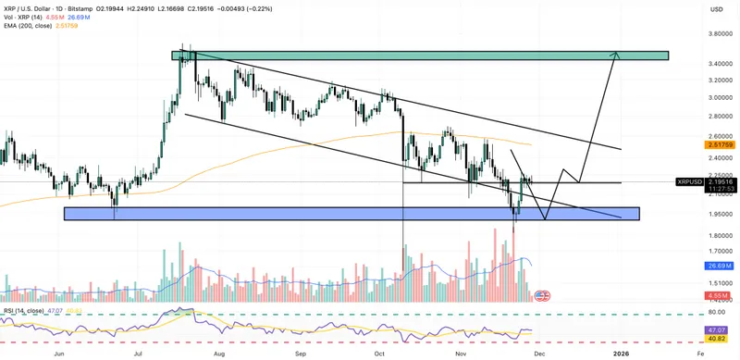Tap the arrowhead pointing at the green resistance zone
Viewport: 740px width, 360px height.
pyautogui.click(x=613, y=55)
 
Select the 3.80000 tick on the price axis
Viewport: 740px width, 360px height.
pyautogui.click(x=696, y=34)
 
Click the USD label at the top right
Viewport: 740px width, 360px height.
pyautogui.click(x=715, y=10)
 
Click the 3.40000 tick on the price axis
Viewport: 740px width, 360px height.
pyautogui.click(x=696, y=65)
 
